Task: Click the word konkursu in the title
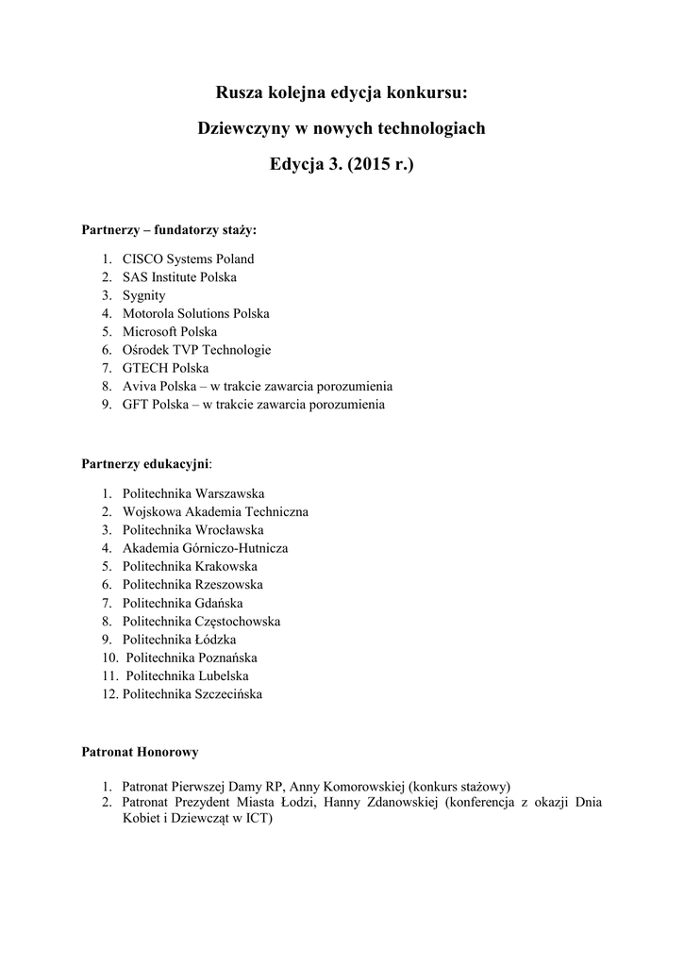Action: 425,92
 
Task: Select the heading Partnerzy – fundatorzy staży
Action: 169,229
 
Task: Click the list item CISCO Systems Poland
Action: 188,258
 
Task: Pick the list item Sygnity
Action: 143,295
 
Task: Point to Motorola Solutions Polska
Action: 195,313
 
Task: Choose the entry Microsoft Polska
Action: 169,331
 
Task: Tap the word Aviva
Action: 138,387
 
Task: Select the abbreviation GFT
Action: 136,405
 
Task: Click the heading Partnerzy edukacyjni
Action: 146,464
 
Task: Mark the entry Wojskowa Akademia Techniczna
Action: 215,511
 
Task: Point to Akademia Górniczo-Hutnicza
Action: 205,548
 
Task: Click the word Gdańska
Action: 217,603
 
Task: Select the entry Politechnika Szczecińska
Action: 192,694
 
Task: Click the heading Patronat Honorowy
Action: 140,753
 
